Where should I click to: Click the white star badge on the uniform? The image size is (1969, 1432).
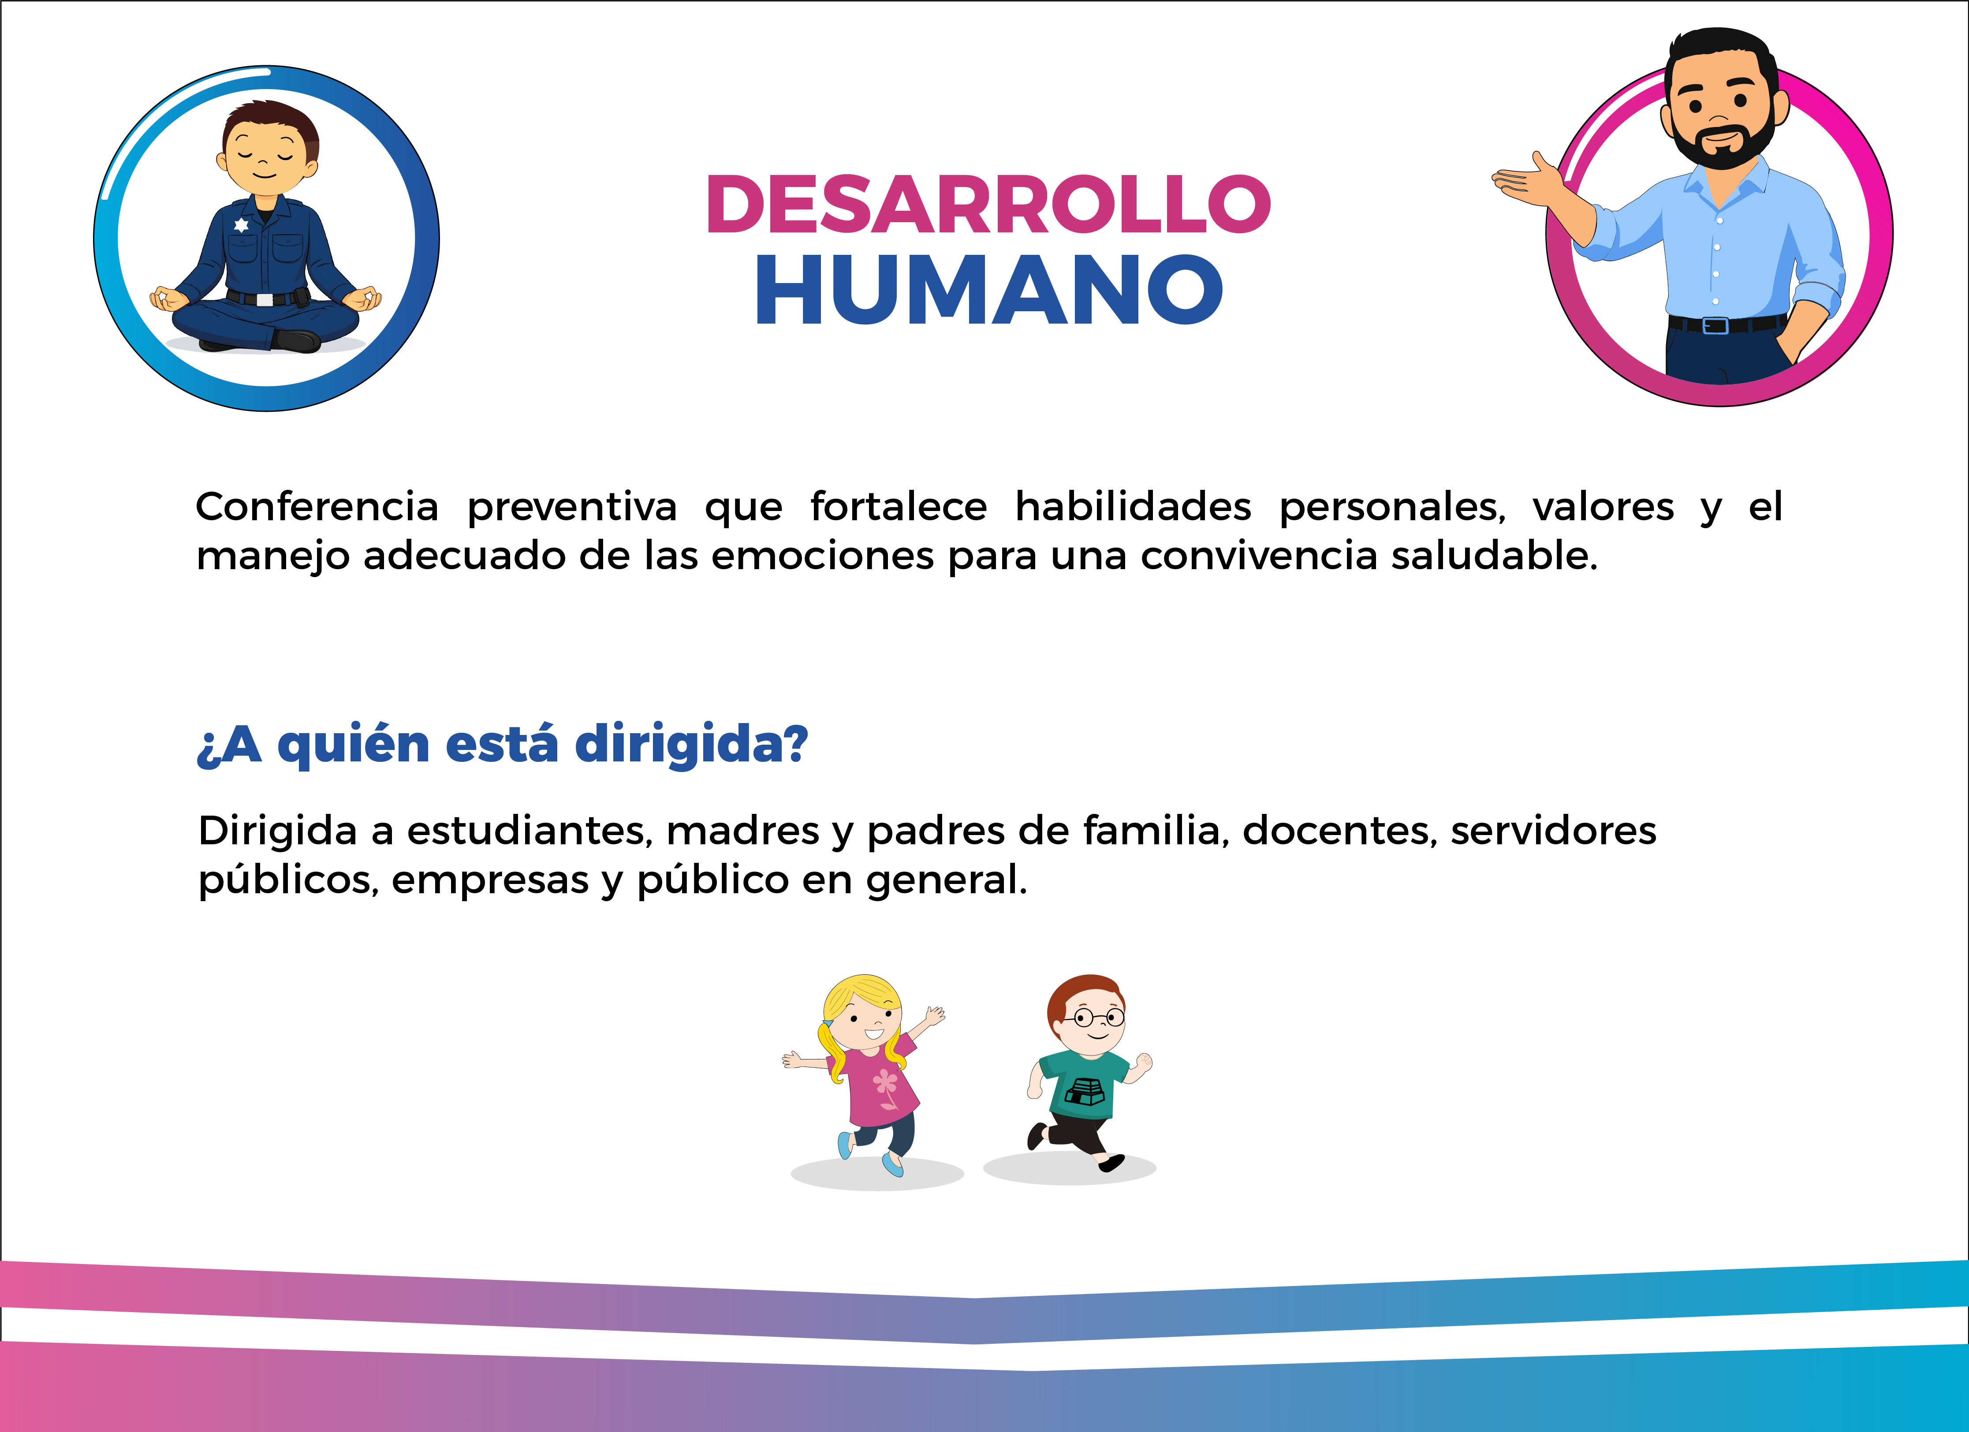[241, 225]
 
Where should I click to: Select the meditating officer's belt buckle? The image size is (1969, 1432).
[264, 300]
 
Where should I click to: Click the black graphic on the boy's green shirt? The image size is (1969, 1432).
[1084, 1091]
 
